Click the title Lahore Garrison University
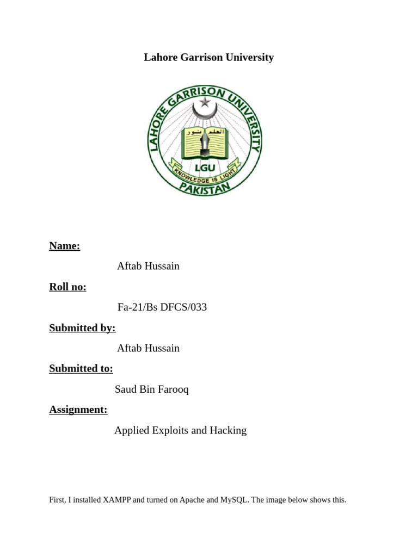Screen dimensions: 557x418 point(208,57)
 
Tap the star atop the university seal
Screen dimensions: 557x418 point(205,102)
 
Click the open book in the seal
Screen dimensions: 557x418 point(205,143)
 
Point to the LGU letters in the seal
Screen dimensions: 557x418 point(205,168)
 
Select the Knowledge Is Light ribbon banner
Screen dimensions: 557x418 point(205,172)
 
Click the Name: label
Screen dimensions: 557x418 point(64,246)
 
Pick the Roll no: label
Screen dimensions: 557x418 point(67,287)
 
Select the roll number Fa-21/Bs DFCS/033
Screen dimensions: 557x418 point(162,307)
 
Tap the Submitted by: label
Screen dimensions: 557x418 point(82,328)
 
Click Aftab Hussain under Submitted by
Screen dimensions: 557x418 point(148,348)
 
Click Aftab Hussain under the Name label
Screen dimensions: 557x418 point(148,266)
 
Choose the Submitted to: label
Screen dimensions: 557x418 point(81,369)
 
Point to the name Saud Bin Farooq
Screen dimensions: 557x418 point(151,389)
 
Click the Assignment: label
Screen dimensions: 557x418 point(78,410)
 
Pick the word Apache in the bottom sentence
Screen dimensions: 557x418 point(192,500)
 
